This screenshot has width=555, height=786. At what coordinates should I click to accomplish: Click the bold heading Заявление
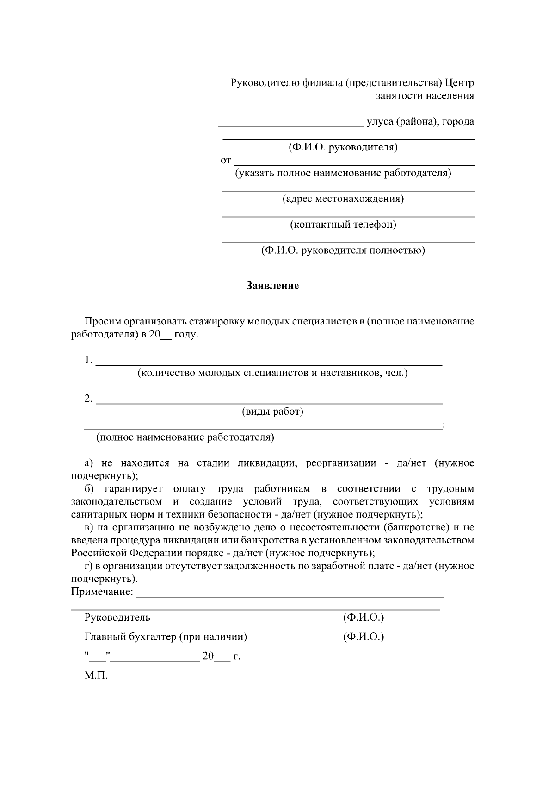click(272, 286)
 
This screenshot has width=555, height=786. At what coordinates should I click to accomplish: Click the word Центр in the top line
click(460, 83)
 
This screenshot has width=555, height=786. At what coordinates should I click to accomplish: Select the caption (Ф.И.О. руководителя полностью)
click(343, 250)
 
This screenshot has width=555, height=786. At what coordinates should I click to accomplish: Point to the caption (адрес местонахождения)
click(343, 199)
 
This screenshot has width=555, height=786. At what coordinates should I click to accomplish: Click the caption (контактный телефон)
click(343, 225)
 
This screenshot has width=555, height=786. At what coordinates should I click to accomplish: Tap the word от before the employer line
click(225, 161)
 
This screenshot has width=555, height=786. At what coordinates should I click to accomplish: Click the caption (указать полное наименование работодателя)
click(343, 173)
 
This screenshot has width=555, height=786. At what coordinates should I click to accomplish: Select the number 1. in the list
click(89, 360)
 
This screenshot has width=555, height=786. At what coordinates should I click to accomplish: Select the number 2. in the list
click(89, 399)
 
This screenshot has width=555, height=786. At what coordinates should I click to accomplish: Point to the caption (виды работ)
click(272, 412)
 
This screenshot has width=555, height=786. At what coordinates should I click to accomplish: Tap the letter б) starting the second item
click(89, 489)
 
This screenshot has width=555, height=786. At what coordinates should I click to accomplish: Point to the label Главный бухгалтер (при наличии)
click(166, 637)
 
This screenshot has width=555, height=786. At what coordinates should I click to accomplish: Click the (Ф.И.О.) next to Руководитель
click(364, 618)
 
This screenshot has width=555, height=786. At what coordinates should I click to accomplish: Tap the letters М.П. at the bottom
click(96, 675)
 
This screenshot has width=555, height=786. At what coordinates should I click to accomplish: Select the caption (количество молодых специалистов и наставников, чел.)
click(272, 373)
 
